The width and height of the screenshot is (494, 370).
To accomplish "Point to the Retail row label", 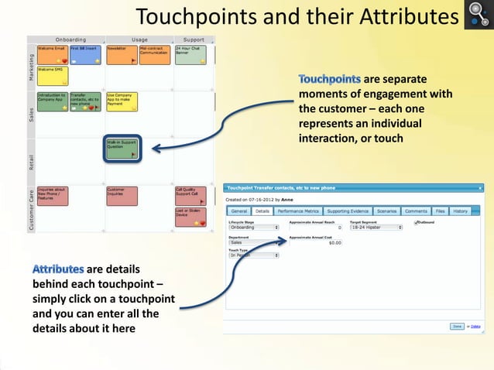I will (31, 161).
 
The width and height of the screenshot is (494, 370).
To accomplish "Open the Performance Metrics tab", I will (297, 211).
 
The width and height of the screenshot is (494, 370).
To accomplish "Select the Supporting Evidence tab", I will (348, 211).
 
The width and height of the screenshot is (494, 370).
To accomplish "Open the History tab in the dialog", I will (460, 211).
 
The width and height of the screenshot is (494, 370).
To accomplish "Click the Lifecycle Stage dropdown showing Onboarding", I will (253, 228).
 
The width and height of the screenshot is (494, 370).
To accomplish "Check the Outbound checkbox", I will (417, 223).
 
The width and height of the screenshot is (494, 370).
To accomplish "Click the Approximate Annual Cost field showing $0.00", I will (316, 242).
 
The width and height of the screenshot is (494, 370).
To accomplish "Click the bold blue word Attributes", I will (58, 269).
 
